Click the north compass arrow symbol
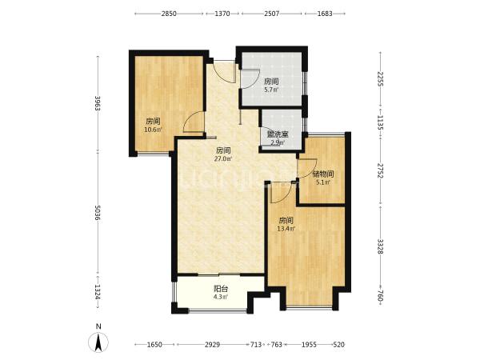pyautogui.click(x=98, y=342)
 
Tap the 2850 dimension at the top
pyautogui.click(x=169, y=14)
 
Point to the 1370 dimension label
pyautogui.click(x=222, y=14)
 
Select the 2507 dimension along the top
pyautogui.click(x=272, y=14)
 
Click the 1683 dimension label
pyautogui.click(x=325, y=14)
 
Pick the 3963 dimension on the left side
pyautogui.click(x=98, y=104)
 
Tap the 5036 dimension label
pyautogui.click(x=98, y=213)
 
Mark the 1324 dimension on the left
pyautogui.click(x=98, y=292)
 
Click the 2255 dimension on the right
pyautogui.click(x=380, y=79)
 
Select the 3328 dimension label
pyautogui.click(x=380, y=246)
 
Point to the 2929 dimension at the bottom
pyautogui.click(x=212, y=345)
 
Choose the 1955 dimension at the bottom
pyautogui.click(x=309, y=345)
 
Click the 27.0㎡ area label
pyautogui.click(x=223, y=159)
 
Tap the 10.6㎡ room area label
pyautogui.click(x=153, y=130)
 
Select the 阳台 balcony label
pyautogui.click(x=221, y=289)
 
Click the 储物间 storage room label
pyautogui.click(x=323, y=174)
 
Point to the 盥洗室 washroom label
pyautogui.click(x=278, y=134)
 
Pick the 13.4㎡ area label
pyautogui.click(x=286, y=229)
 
